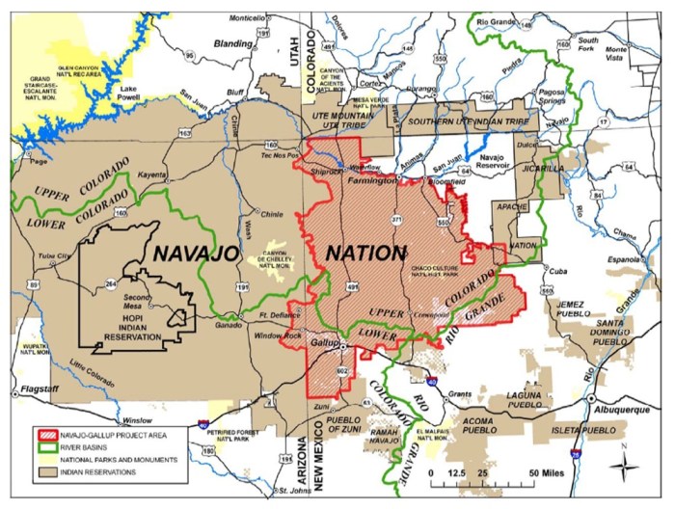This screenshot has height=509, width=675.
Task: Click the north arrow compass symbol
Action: [626, 473]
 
